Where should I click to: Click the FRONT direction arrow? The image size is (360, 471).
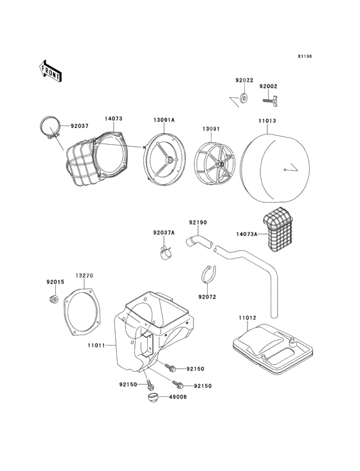pos(50,71)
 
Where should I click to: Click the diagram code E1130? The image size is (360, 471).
pos(305,56)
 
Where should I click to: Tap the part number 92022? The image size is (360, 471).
pos(244,80)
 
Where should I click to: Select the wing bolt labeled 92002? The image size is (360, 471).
pos(271,102)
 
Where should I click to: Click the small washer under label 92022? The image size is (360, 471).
pos(244,98)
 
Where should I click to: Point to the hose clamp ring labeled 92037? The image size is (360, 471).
pos(50,129)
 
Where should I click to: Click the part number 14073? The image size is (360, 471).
pos(113,118)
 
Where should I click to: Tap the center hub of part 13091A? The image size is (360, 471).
pos(170,160)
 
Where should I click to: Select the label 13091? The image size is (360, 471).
pos(211,129)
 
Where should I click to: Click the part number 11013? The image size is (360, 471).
pos(267,121)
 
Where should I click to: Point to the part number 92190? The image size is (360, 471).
pos(198,223)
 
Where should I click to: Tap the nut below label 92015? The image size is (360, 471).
pos(53,299)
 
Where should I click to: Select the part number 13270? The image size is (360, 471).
pos(84,275)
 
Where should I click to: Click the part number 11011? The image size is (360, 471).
pos(96,346)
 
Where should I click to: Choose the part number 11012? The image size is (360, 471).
pos(248,318)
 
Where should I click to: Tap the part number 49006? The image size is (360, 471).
pos(178,397)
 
